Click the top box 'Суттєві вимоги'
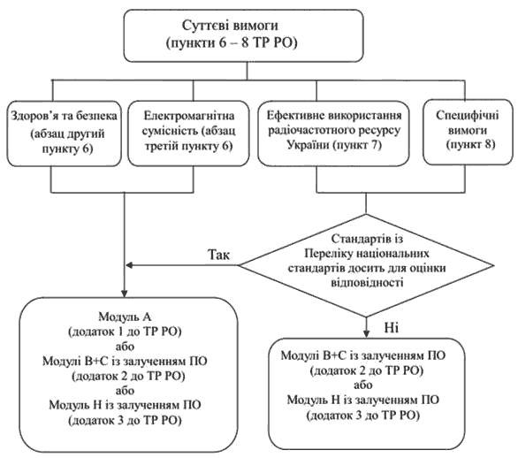tap(244, 35)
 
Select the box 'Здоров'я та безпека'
tap(65, 134)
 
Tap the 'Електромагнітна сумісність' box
tap(188, 134)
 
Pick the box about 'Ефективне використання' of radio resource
tap(333, 133)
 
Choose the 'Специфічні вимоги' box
tap(468, 132)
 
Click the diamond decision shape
tap(366, 265)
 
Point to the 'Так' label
tap(218, 255)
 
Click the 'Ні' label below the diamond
tap(391, 327)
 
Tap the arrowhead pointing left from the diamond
tap(129, 265)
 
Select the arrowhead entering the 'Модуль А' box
tap(125, 294)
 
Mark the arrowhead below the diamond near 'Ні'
tap(366, 333)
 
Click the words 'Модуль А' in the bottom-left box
tap(125, 317)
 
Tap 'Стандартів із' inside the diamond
tap(367, 239)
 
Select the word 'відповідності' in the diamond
tap(367, 283)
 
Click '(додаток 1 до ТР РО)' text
tap(125, 332)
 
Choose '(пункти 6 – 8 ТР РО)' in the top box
tap(232, 43)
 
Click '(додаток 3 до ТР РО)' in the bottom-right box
tap(363, 415)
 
